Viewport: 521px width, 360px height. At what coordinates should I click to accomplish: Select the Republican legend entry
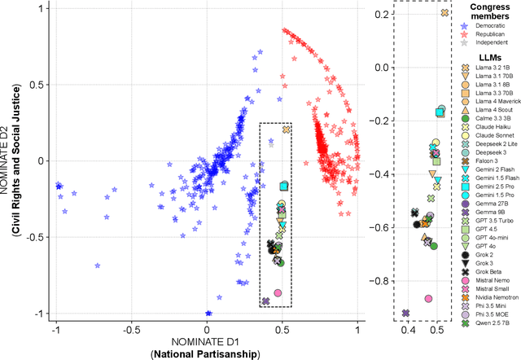click(485, 37)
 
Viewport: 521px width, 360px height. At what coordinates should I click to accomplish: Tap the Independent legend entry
click(485, 46)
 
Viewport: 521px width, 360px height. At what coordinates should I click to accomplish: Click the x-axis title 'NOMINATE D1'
click(207, 342)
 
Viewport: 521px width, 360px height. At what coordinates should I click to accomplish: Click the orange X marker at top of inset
click(444, 13)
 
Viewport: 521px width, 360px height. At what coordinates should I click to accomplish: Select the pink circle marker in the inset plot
click(428, 299)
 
